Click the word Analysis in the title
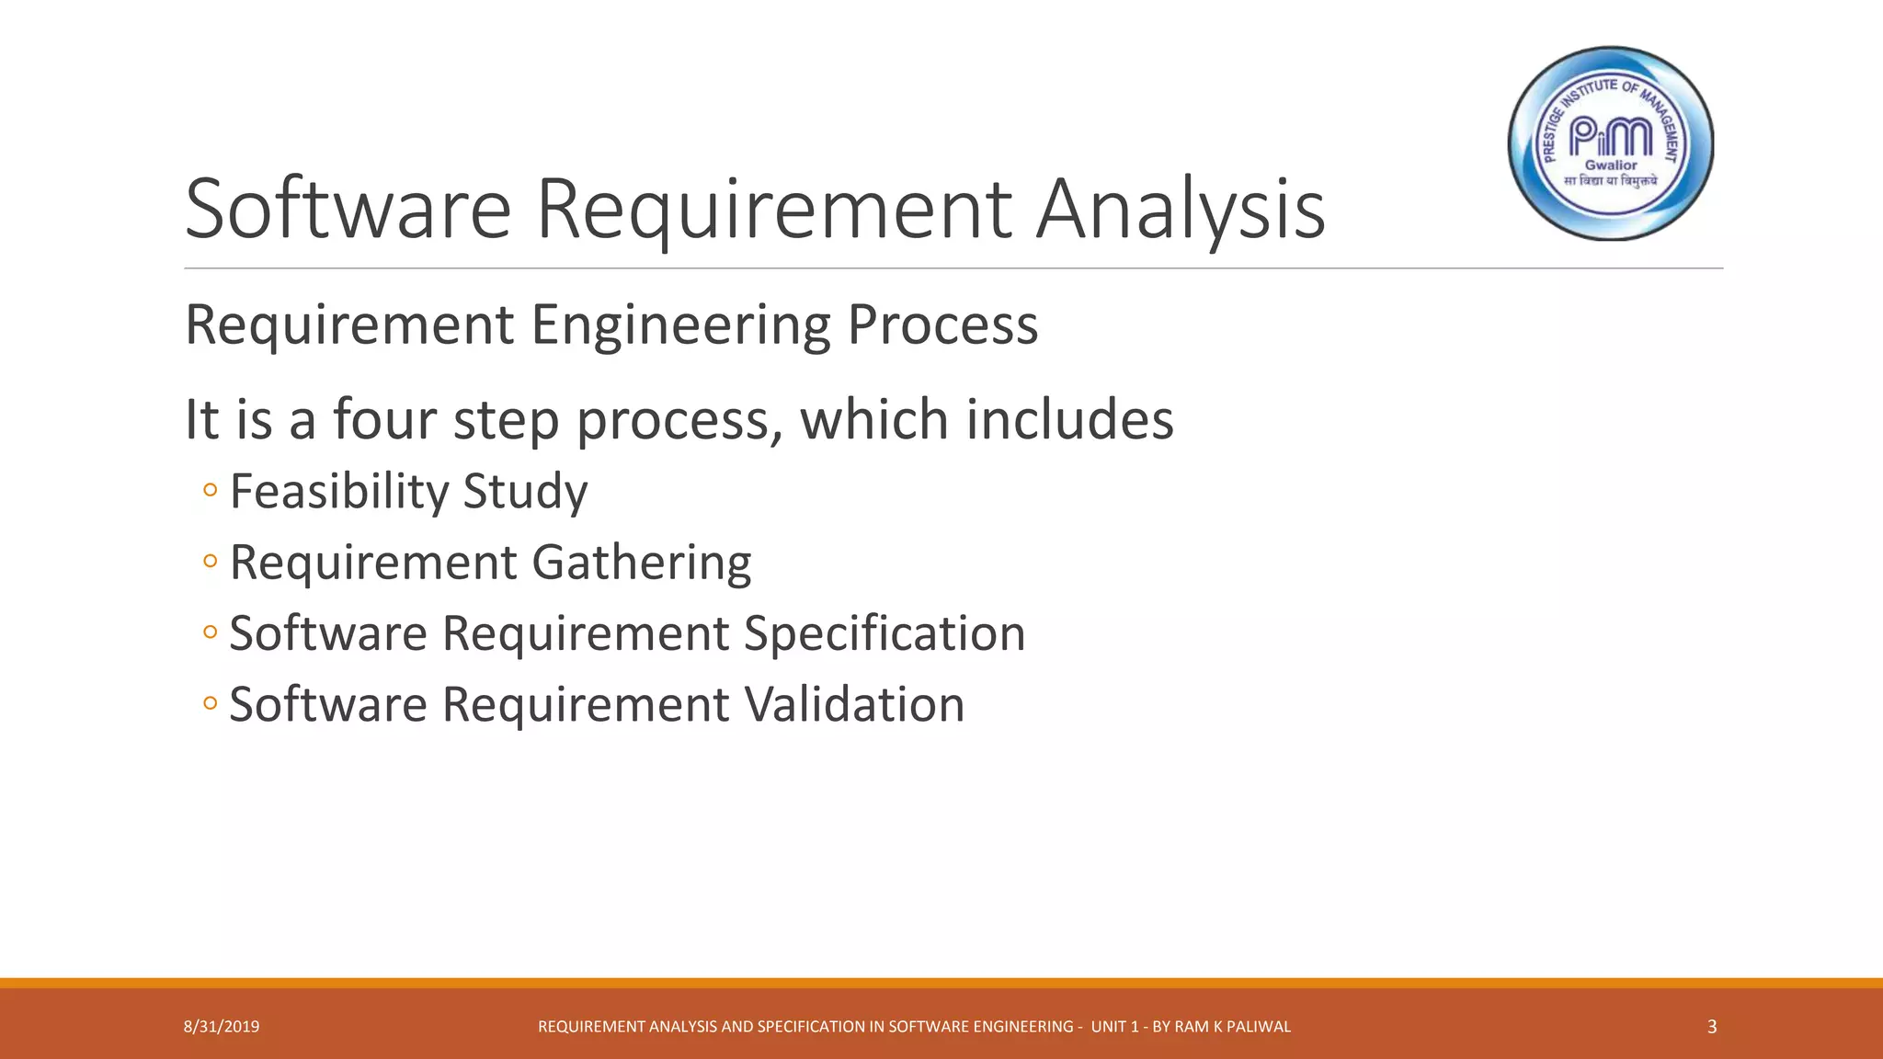1181,210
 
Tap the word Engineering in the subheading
680,325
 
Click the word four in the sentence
384,419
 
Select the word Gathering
641,562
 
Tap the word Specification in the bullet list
884,633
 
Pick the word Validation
854,704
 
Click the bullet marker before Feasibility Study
211,490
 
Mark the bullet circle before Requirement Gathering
211,561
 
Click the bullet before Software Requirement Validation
211,704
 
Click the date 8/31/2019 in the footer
222,1027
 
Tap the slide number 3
1711,1027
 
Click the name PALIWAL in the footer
1259,1027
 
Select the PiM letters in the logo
1610,138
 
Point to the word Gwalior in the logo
1611,165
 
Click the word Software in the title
348,210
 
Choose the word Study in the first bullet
525,491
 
